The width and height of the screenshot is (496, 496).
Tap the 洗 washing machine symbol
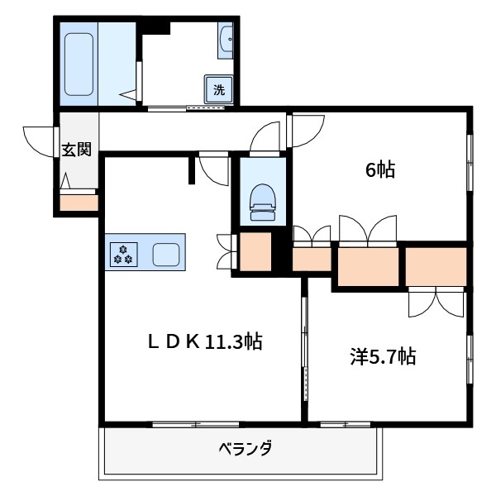218,89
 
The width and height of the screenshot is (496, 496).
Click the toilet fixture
262,201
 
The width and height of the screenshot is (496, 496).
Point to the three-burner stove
123,254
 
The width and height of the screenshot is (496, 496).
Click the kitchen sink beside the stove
166,254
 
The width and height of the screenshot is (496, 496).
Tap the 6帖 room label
380,171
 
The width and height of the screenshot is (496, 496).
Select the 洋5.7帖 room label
382,358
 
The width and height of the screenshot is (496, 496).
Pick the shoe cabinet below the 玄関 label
79,202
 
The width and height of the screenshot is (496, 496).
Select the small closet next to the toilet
255,252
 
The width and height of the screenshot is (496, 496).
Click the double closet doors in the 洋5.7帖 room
434,303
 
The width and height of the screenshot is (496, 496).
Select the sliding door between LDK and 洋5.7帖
304,347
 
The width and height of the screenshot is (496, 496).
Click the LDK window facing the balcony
199,425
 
